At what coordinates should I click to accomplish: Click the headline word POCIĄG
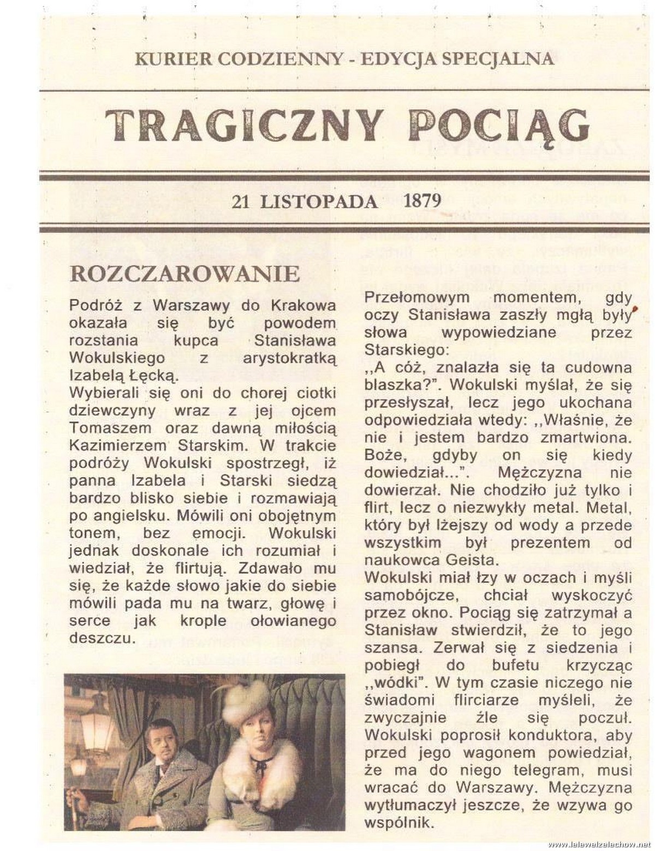coord(498,126)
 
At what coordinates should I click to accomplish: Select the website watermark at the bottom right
coord(600,844)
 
